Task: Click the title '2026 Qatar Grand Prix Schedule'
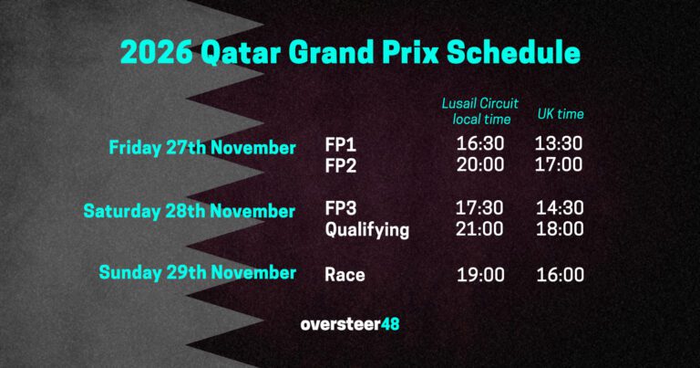click(350, 52)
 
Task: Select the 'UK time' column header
click(560, 114)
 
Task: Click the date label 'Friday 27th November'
click(202, 147)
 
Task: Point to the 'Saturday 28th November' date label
click(190, 211)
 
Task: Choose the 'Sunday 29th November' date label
click(198, 272)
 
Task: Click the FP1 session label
click(342, 144)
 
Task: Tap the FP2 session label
click(342, 165)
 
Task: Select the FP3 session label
click(343, 208)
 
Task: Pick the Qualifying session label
click(367, 230)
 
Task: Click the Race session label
click(345, 274)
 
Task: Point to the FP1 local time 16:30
click(479, 144)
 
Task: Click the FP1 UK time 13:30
click(560, 144)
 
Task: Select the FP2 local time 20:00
click(479, 165)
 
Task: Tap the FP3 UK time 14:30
click(560, 208)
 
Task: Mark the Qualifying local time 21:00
click(479, 230)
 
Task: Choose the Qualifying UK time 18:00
click(560, 230)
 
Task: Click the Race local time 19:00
click(479, 274)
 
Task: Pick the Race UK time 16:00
click(560, 274)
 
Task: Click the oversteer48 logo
click(350, 324)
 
